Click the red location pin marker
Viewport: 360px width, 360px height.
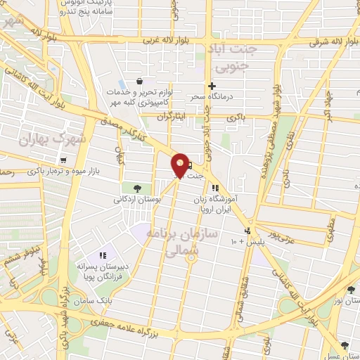pos(180,165)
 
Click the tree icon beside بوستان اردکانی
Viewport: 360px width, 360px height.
pos(136,188)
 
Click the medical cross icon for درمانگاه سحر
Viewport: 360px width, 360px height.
pos(212,85)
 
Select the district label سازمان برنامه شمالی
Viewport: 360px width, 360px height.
pos(182,241)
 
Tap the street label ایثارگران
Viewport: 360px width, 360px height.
pos(172,115)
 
